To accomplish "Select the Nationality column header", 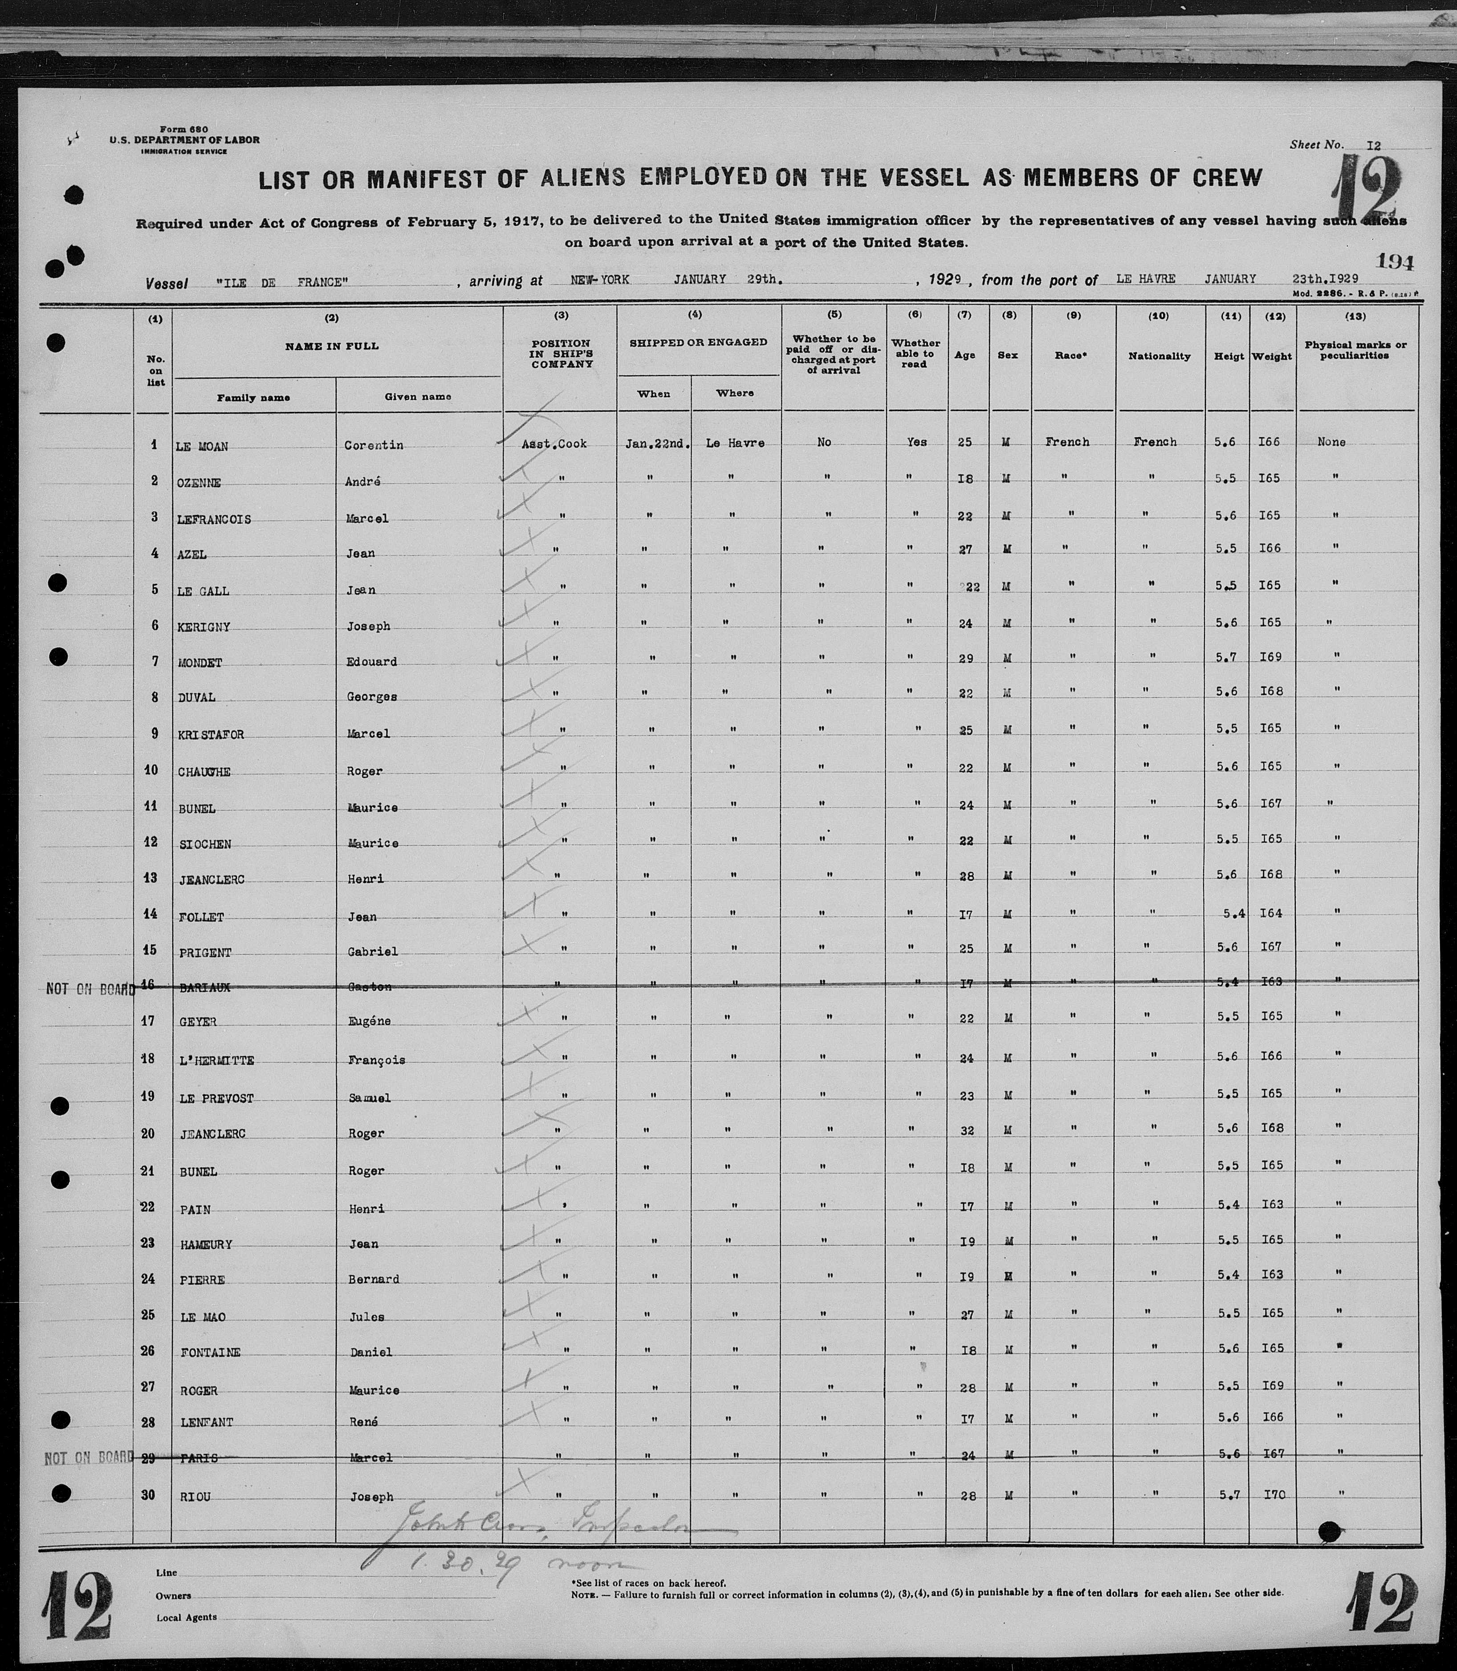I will coord(1160,356).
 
